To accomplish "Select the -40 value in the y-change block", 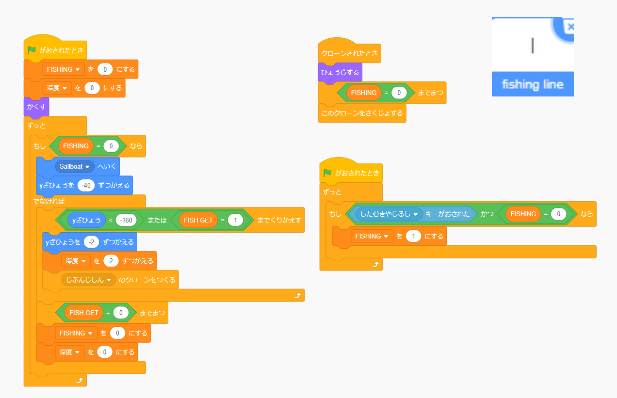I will tap(86, 185).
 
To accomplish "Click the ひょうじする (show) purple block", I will tap(340, 72).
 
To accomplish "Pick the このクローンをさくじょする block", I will tap(362, 113).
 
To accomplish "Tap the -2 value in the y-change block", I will tap(91, 241).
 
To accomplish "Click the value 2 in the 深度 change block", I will tap(111, 261).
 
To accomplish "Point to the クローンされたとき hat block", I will tap(349, 53).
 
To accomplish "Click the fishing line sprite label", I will tap(532, 84).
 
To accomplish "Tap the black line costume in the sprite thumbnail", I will tap(533, 45).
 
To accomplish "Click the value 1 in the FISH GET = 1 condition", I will tap(235, 220).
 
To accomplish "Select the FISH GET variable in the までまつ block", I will tap(84, 313).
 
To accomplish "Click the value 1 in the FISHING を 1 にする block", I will tap(413, 236).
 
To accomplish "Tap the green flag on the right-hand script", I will tap(328, 173).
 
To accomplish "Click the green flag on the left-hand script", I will tap(32, 50).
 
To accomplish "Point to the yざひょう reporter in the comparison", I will tap(87, 220).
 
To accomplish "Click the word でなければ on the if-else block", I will tap(49, 201).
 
